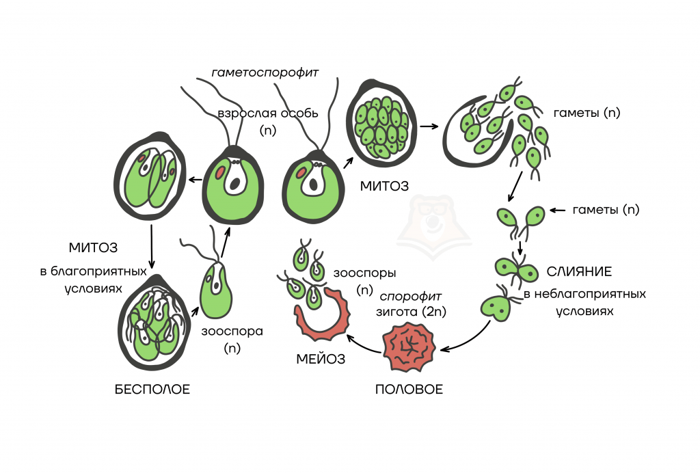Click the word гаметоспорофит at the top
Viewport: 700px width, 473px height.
265,71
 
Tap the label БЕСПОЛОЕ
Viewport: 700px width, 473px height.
152,390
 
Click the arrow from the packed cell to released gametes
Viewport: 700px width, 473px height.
429,126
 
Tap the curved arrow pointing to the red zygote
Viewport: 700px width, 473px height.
472,338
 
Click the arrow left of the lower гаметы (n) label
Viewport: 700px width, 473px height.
559,210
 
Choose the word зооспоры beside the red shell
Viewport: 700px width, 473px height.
364,272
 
